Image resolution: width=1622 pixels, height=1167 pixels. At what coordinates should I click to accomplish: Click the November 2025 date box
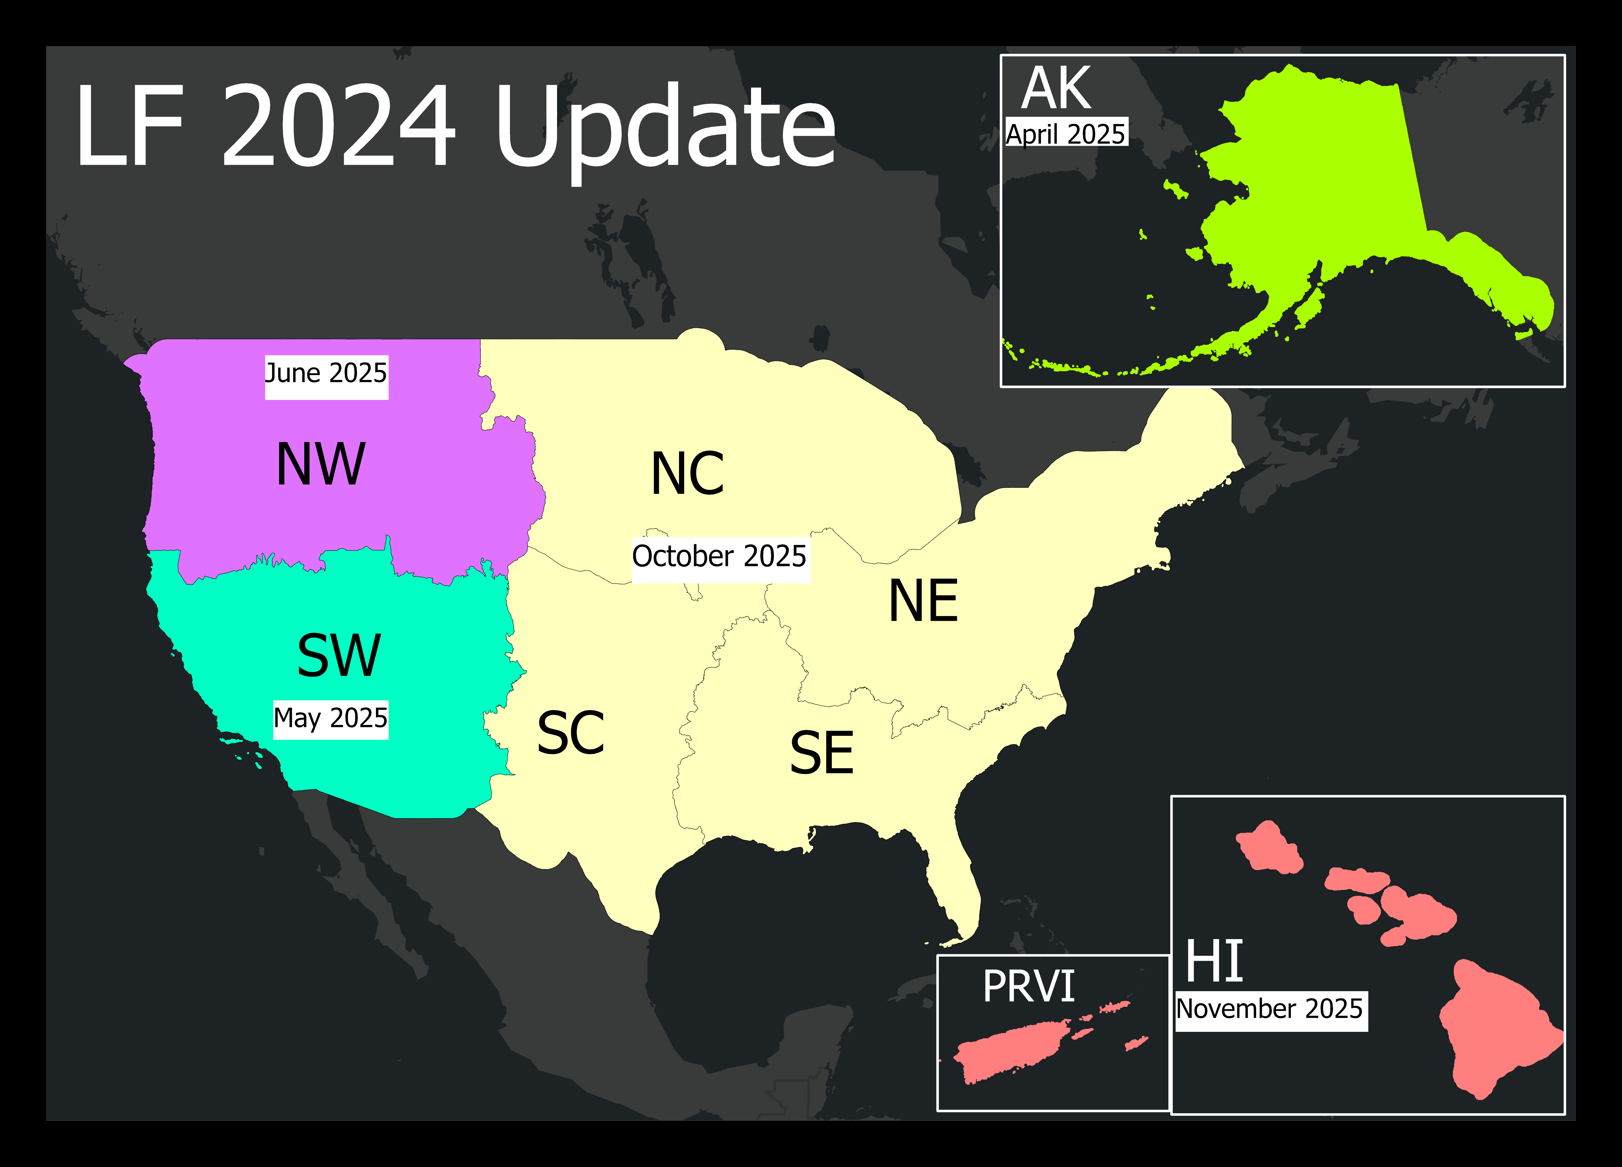(x=1270, y=1010)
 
